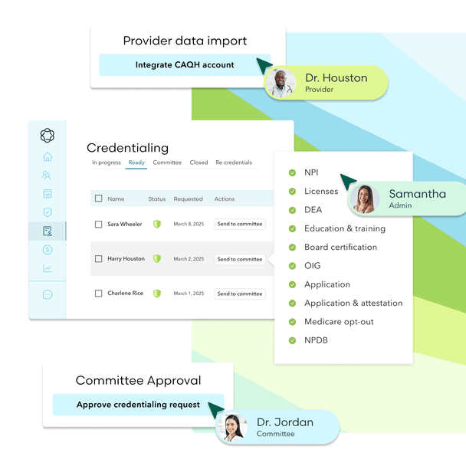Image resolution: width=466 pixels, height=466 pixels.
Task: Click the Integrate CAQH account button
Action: pos(185,65)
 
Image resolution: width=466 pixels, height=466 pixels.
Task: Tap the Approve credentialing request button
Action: pos(138,405)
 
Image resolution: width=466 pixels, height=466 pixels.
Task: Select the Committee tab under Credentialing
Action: pos(167,162)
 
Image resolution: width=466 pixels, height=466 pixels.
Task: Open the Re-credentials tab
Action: pos(234,162)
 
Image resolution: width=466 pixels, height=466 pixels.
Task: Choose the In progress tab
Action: pos(107,162)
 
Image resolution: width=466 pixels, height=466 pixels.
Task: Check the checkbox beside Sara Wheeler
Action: pos(98,225)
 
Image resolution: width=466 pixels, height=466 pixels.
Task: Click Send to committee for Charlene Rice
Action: pos(239,294)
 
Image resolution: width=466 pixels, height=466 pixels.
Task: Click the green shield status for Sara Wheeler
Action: pos(157,225)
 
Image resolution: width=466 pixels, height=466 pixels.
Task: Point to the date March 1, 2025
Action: pos(189,294)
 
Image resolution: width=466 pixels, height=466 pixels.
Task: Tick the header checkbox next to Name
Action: pos(98,199)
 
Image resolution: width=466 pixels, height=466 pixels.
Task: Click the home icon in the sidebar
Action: pos(48,157)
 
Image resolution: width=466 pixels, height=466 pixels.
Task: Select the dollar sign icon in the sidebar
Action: pos(48,250)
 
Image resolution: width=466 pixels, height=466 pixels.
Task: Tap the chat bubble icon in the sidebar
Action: pos(48,294)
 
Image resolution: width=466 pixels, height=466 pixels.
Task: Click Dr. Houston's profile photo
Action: pos(280,84)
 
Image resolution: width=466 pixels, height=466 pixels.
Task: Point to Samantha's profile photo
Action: pos(364,199)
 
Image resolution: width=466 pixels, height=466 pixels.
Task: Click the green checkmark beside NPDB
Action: pos(292,340)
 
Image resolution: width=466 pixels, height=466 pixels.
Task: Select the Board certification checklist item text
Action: pos(340,248)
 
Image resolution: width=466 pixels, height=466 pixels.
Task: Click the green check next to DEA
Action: pos(292,210)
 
